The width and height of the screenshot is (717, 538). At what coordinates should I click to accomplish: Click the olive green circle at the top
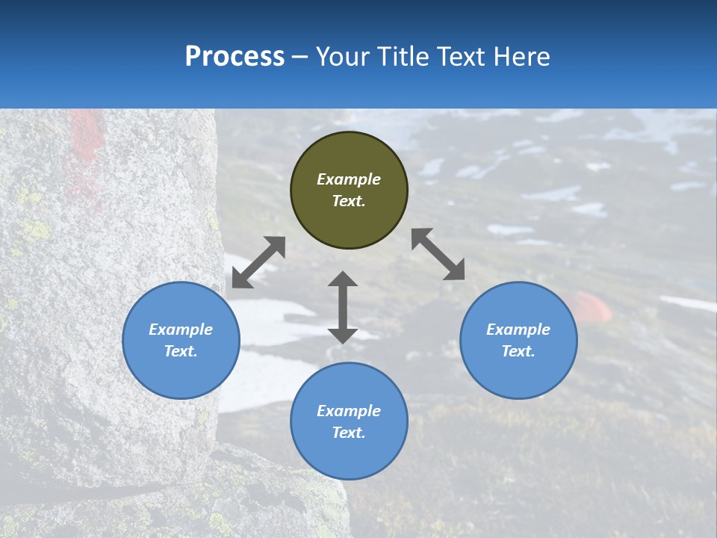pyautogui.click(x=349, y=191)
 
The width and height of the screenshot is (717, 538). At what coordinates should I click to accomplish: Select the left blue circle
pyautogui.click(x=181, y=340)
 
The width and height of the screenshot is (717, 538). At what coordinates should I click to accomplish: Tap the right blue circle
pyautogui.click(x=518, y=340)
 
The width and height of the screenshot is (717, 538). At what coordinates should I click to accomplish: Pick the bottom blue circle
pyautogui.click(x=349, y=421)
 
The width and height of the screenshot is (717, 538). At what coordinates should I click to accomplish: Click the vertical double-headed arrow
pyautogui.click(x=343, y=307)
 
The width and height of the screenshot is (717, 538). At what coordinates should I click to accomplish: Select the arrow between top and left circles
pyautogui.click(x=258, y=262)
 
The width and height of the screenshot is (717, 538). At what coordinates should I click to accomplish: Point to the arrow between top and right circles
pyautogui.click(x=438, y=254)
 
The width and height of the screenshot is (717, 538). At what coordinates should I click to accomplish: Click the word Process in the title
pyautogui.click(x=235, y=57)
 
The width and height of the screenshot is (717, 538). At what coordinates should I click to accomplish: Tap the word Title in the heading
pyautogui.click(x=403, y=57)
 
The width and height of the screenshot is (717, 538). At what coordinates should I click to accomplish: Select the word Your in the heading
pyautogui.click(x=343, y=57)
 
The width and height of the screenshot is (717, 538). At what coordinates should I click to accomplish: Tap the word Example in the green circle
pyautogui.click(x=349, y=179)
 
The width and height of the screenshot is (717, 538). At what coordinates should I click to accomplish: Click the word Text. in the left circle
pyautogui.click(x=181, y=351)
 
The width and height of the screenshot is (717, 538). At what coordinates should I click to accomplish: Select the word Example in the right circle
pyautogui.click(x=518, y=330)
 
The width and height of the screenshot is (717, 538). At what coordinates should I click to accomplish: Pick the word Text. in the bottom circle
pyautogui.click(x=349, y=433)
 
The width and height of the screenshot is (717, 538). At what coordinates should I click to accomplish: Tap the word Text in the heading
pyautogui.click(x=460, y=57)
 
